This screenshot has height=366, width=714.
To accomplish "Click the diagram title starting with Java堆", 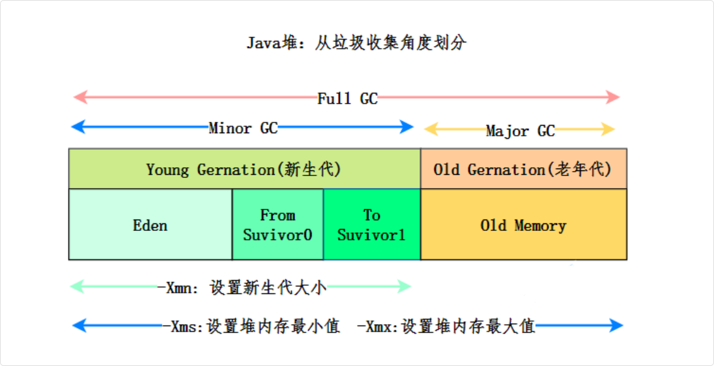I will pyautogui.click(x=356, y=44).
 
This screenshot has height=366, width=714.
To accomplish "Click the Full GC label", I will pyautogui.click(x=347, y=98).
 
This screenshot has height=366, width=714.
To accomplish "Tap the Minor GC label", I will pyautogui.click(x=243, y=128).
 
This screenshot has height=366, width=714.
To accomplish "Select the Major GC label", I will pyautogui.click(x=519, y=131).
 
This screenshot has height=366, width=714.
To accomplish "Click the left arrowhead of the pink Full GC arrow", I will pyautogui.click(x=79, y=97).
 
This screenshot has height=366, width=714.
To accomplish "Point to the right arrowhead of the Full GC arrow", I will pyautogui.click(x=614, y=97).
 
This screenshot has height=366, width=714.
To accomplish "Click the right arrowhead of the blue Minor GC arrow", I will pyautogui.click(x=407, y=127).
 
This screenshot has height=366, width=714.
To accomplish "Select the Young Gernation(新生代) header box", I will pyautogui.click(x=244, y=169).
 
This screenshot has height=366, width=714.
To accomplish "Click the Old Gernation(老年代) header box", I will pyautogui.click(x=523, y=169).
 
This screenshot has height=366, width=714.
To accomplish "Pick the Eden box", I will pyautogui.click(x=150, y=225).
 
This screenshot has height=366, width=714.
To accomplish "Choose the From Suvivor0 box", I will pyautogui.click(x=277, y=225).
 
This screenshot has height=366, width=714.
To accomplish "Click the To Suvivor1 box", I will pyautogui.click(x=372, y=225).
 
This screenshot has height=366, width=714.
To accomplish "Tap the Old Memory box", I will pyautogui.click(x=523, y=225).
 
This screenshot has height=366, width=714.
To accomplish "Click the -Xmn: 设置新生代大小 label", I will pyautogui.click(x=242, y=287).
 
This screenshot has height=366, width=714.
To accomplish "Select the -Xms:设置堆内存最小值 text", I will pyautogui.click(x=251, y=326).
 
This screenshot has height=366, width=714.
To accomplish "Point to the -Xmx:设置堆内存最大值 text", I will pyautogui.click(x=446, y=326).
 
